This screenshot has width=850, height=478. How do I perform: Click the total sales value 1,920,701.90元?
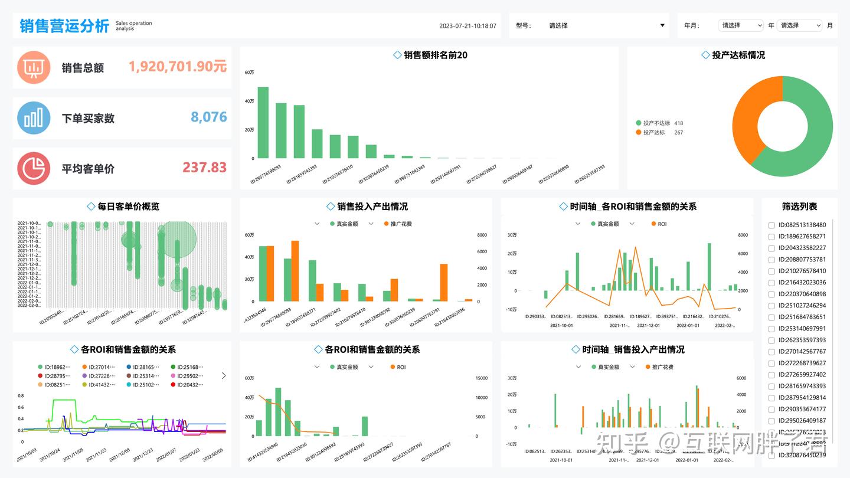[x=178, y=67]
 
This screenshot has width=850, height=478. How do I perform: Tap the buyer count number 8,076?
[x=209, y=117]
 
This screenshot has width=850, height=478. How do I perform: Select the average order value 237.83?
[x=204, y=168]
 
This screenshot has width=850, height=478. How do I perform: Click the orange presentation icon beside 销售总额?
[x=34, y=67]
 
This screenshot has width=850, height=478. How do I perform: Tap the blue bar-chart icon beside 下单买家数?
[x=34, y=117]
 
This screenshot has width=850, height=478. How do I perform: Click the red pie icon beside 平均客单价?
[x=34, y=168]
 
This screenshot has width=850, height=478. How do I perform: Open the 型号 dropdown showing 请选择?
[x=589, y=25]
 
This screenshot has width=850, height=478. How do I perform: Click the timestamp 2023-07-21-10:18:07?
[x=467, y=26]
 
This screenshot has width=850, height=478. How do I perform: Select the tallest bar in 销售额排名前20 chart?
[x=263, y=122]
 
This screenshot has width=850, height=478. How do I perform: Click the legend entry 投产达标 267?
[x=659, y=133]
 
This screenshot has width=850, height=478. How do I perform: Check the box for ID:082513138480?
[x=771, y=225]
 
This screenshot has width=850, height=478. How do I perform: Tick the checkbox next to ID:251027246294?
[x=771, y=306]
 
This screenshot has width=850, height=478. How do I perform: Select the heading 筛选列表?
[x=799, y=207]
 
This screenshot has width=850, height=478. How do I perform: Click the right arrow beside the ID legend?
[x=224, y=375]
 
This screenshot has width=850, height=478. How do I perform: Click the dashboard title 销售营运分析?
[x=64, y=26]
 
